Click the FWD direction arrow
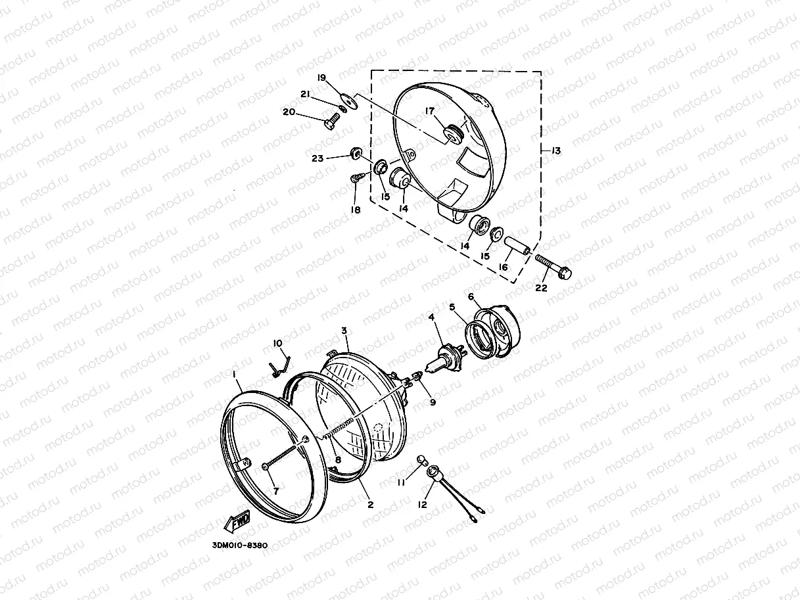point(237,521)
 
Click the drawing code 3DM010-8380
point(240,545)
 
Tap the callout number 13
point(556,150)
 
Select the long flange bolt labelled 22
point(553,266)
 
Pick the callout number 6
point(471,296)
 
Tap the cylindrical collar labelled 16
point(517,246)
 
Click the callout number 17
point(430,110)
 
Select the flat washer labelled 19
point(349,101)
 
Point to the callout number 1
point(235,374)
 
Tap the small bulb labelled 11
point(421,460)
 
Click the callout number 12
point(423,505)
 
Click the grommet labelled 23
point(356,153)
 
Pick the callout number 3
point(344,331)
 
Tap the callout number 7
point(276,491)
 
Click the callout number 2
point(370,505)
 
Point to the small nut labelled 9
point(417,375)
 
